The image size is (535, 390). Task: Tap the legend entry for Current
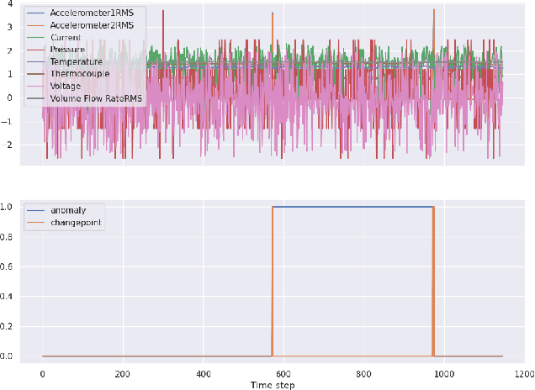[65, 38]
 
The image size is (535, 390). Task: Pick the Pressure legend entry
[67, 50]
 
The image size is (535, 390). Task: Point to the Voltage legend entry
[66, 85]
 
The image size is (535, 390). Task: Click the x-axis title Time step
[273, 383]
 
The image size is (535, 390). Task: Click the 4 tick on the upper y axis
[12, 4]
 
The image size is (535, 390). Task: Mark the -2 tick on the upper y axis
[10, 145]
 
